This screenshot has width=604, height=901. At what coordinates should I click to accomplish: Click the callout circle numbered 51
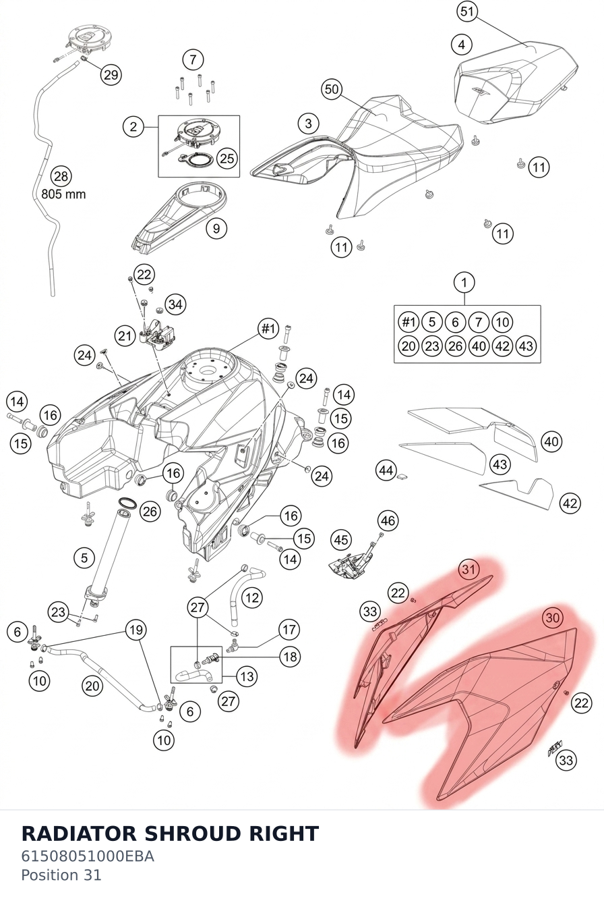pos(467,11)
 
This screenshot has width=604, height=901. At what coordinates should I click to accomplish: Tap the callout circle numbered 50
pos(332,89)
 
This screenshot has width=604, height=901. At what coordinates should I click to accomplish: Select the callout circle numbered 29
pos(111,74)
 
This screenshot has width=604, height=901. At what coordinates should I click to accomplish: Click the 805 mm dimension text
pos(63,194)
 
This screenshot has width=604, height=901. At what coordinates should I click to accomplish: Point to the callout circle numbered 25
pos(227,158)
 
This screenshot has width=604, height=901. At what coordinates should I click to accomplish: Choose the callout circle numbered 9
pos(216,229)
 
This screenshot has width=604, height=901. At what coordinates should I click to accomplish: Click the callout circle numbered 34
pos(175,304)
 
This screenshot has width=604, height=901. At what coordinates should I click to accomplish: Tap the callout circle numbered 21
pos(125,335)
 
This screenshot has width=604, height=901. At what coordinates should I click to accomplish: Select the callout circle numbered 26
pos(150,511)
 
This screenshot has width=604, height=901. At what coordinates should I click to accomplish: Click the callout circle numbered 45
pos(341,540)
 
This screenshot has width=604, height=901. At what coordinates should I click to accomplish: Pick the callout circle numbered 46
pos(388,520)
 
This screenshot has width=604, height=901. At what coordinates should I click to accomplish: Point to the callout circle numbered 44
pos(386,470)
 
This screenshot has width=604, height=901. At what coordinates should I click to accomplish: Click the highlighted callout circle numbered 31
pos(469,569)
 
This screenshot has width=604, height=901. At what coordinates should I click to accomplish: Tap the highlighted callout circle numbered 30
pos(553,618)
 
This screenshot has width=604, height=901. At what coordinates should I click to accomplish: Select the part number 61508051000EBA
pos(88,856)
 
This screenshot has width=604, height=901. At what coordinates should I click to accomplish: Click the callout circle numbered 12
pos(251,598)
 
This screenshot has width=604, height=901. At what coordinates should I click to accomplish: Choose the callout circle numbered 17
pos(289,630)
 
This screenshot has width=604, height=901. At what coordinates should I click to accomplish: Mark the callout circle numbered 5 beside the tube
pos(84,558)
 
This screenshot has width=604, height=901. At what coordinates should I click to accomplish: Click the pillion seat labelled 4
pos(516,82)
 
